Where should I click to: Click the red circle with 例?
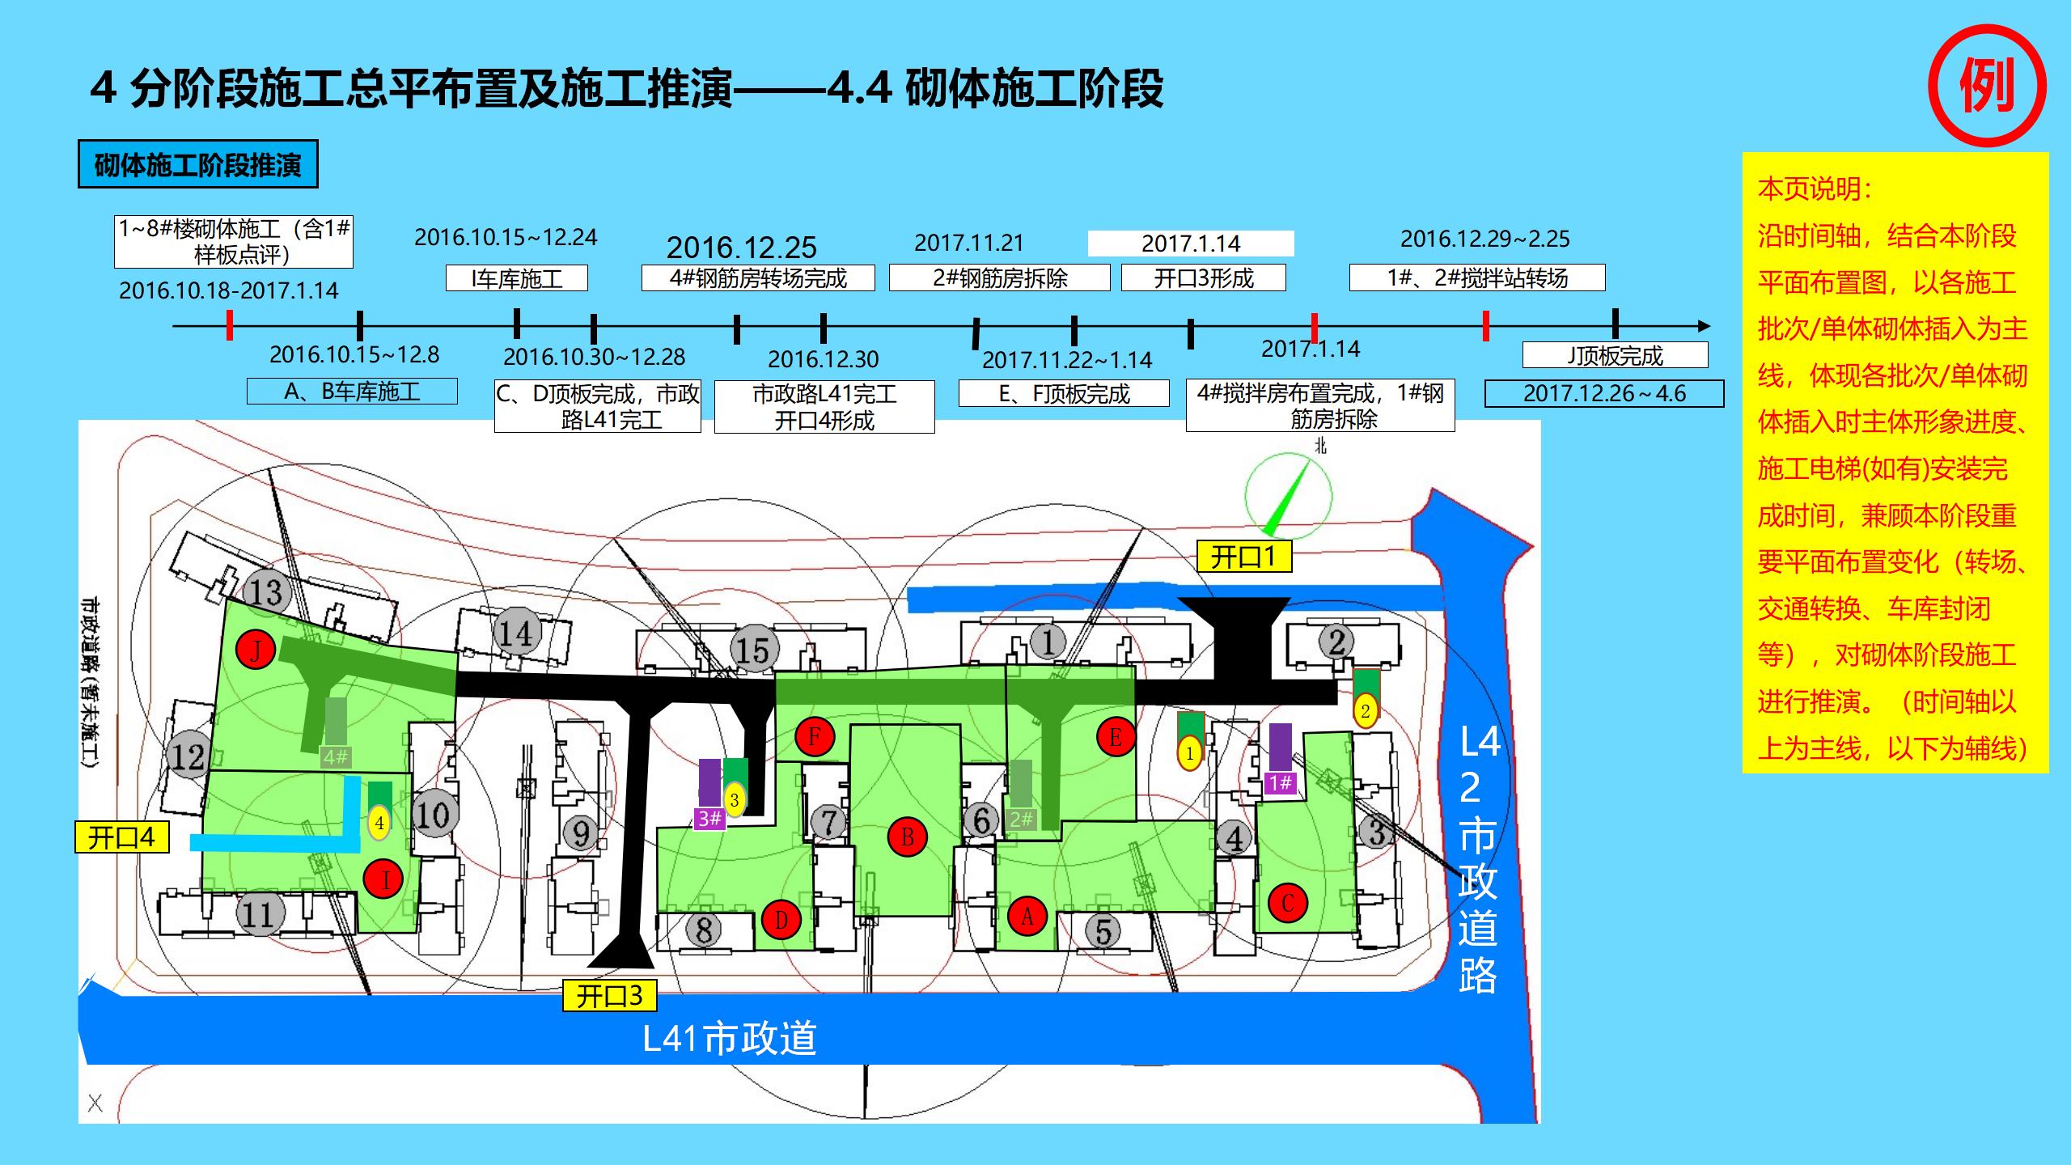[x=1987, y=86]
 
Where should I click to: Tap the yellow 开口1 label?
[x=1243, y=557]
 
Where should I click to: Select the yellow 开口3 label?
[x=609, y=995]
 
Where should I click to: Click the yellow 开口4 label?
[x=121, y=837]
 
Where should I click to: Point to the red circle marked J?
[x=256, y=650]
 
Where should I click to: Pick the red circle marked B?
[x=907, y=837]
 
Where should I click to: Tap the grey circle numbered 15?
[x=754, y=649]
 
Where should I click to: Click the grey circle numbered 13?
[x=266, y=591]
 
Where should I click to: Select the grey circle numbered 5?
[x=1103, y=930]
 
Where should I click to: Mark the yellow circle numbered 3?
[x=734, y=801]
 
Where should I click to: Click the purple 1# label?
[x=1280, y=782]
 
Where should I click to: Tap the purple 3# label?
[x=709, y=819]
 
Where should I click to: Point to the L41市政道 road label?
[x=730, y=1038]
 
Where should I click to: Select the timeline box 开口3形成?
[x=1203, y=278]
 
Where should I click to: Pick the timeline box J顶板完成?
[x=1615, y=355]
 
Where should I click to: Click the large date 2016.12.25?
[x=741, y=248]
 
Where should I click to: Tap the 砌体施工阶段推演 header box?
[x=197, y=164]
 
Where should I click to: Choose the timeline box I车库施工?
[x=516, y=278]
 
